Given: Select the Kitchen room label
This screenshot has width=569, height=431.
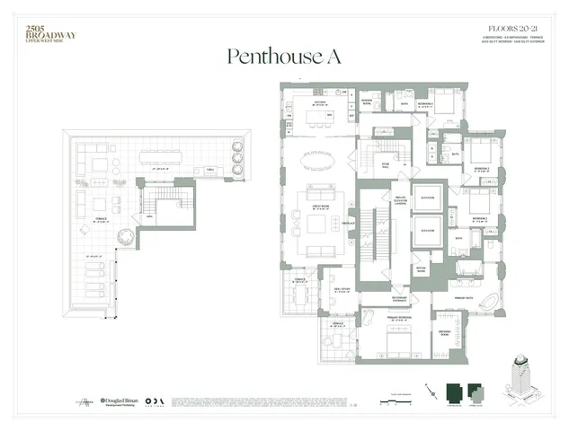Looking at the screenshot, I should coord(318,103).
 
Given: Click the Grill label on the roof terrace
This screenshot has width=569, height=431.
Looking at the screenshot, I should coord(209,169).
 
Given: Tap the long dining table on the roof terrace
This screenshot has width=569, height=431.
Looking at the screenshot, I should coord(176,157).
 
